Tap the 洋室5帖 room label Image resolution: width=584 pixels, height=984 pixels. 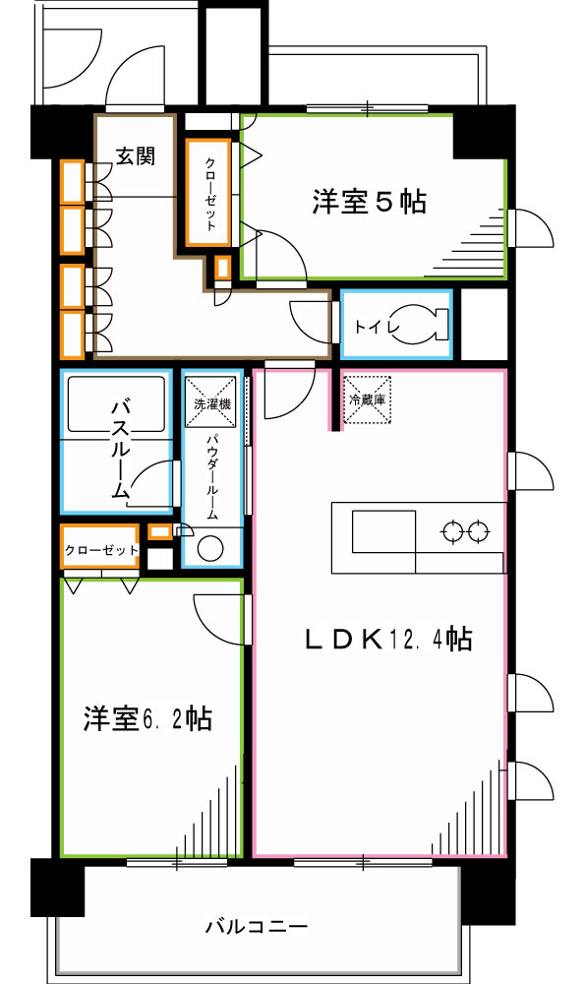[x=369, y=203]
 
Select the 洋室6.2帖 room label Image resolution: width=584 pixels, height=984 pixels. [x=146, y=719]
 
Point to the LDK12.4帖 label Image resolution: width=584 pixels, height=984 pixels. [x=385, y=641]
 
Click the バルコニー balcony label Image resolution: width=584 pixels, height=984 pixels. [x=257, y=926]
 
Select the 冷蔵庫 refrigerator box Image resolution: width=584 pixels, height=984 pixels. [x=366, y=401]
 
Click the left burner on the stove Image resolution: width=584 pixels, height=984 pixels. [x=452, y=533]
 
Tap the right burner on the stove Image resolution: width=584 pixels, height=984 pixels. [x=479, y=533]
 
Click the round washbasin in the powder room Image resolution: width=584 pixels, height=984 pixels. [x=209, y=549]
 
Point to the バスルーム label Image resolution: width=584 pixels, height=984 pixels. [x=119, y=448]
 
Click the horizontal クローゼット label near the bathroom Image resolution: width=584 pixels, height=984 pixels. [x=100, y=550]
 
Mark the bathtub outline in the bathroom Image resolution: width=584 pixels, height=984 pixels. [x=115, y=403]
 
